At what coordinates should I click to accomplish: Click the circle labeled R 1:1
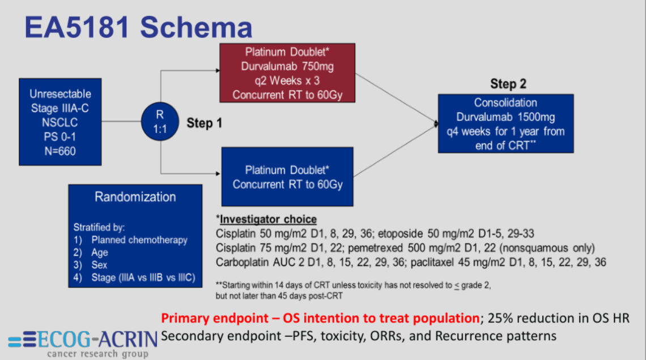coord(159,121)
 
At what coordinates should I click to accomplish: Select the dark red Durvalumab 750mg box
coord(288,73)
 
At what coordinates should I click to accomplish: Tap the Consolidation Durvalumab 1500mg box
coord(505,124)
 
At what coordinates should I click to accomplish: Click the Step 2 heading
coord(508,84)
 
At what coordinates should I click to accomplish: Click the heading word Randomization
coord(135,197)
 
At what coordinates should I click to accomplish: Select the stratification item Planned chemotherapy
coord(139,240)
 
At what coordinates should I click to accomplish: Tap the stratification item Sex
coord(99,265)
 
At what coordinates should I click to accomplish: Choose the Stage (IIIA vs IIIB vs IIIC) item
coord(143,277)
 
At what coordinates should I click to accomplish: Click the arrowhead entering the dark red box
coord(217,71)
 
